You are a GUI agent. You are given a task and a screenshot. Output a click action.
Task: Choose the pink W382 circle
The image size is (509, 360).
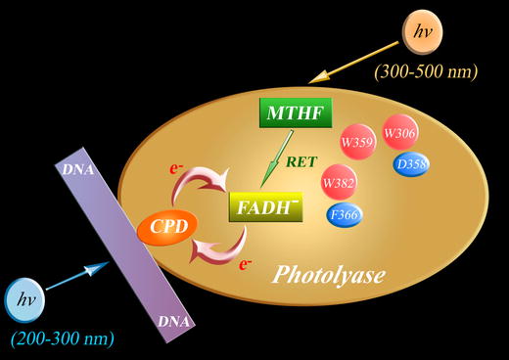[x=339, y=181]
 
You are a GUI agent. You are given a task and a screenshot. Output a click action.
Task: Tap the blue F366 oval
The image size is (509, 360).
[x=345, y=215]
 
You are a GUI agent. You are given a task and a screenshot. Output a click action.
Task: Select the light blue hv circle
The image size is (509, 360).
[x=27, y=300]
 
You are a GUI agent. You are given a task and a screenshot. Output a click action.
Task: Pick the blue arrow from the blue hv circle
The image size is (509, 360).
[x=77, y=280]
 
